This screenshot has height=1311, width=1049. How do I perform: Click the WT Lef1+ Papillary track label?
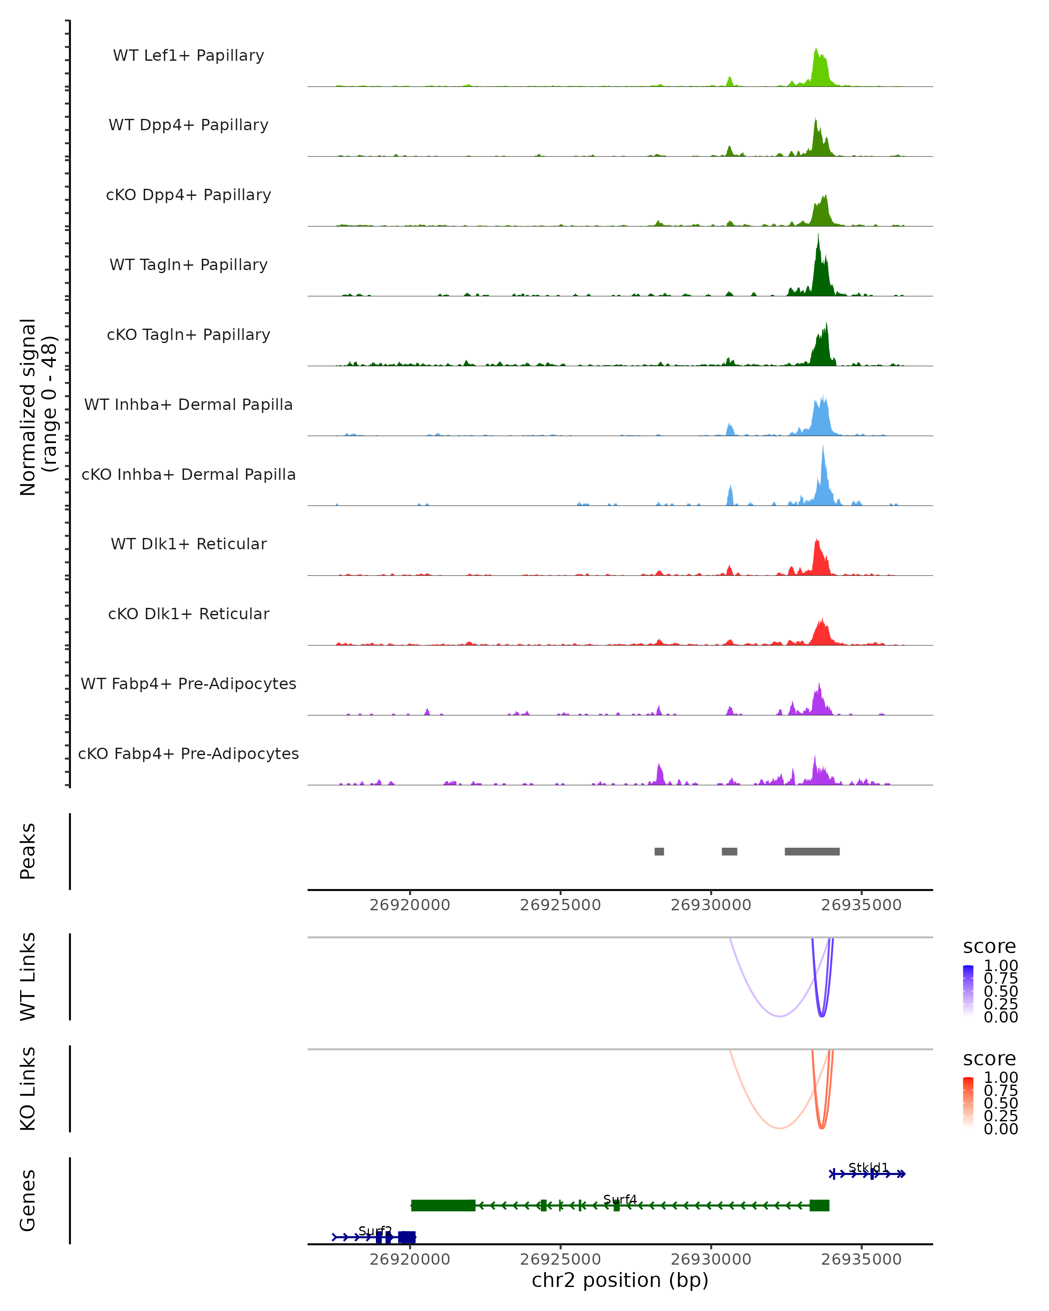tap(188, 55)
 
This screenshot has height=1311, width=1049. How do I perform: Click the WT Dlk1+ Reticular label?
tap(188, 544)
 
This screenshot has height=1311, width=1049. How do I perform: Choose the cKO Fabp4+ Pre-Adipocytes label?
tap(188, 753)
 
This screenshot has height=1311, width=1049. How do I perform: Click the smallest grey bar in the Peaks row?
tap(659, 851)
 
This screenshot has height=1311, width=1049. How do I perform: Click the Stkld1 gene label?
tap(868, 1167)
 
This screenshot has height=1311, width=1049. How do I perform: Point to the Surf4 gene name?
tap(620, 1199)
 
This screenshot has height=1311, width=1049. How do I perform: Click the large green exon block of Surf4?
tap(443, 1205)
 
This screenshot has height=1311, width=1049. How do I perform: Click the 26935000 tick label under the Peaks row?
tap(861, 905)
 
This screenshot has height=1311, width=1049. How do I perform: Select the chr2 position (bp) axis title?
tap(620, 1280)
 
